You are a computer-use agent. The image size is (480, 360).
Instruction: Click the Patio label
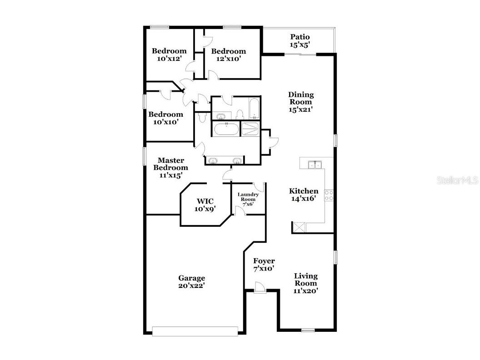[x=300, y=37]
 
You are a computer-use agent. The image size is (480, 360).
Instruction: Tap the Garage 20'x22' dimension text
[x=191, y=285]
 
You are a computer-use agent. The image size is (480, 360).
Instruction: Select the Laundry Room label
[x=248, y=197]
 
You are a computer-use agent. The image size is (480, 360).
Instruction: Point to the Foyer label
[x=264, y=261]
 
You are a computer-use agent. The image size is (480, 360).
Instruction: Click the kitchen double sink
[x=314, y=164]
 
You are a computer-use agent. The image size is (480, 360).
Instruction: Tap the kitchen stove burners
[x=329, y=195]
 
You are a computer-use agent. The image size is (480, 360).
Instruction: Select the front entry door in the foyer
[x=260, y=288]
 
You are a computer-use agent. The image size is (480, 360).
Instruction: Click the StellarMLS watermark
[x=457, y=180]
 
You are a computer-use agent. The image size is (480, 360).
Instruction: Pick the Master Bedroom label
[x=170, y=164]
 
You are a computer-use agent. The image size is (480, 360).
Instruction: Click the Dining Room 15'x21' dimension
[x=300, y=110]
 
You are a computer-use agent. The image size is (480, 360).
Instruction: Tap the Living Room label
[x=305, y=280]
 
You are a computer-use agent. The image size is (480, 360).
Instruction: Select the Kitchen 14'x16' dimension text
[x=304, y=199]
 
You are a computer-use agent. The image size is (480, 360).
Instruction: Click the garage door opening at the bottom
[x=195, y=331]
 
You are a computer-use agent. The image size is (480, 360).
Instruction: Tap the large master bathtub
[x=225, y=129]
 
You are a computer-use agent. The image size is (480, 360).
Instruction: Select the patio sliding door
[x=300, y=55]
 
